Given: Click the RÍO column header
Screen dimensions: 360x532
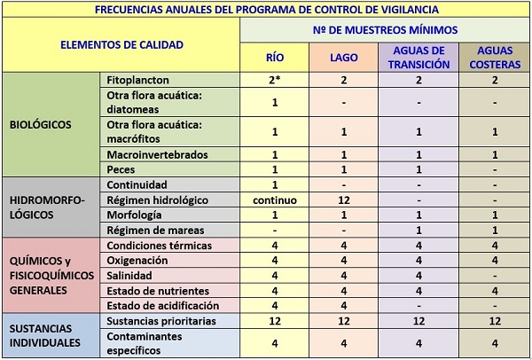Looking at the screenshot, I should [x=275, y=59].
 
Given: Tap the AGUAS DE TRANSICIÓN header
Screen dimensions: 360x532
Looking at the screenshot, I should [x=419, y=59].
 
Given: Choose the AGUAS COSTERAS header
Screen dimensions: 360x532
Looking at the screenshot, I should [x=494, y=59].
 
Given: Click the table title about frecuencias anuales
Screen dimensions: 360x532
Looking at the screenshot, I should [x=266, y=10].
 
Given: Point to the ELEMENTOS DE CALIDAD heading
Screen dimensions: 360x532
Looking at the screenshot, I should [x=121, y=43].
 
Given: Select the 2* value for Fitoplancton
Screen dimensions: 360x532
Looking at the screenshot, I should [x=275, y=80].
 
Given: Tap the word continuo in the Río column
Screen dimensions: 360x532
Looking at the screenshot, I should [x=275, y=200].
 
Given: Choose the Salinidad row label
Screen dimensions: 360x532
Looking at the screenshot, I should [x=130, y=275].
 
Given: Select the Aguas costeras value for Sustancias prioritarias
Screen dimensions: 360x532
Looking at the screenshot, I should [x=494, y=319].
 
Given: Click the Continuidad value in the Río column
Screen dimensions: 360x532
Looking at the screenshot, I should [x=275, y=184].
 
